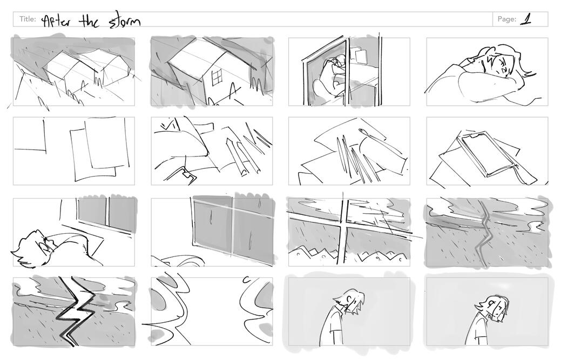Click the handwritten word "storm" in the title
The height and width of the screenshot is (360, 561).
(x=125, y=22)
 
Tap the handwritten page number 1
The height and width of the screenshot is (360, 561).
(x=525, y=19)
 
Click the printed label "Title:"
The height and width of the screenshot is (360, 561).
(x=28, y=19)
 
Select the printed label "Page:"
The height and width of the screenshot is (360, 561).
(x=506, y=19)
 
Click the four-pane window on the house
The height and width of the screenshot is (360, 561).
(x=217, y=78)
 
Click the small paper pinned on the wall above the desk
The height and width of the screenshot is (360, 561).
(x=361, y=56)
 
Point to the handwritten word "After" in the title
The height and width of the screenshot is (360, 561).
(x=56, y=21)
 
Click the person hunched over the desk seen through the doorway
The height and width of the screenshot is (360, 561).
(x=330, y=77)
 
